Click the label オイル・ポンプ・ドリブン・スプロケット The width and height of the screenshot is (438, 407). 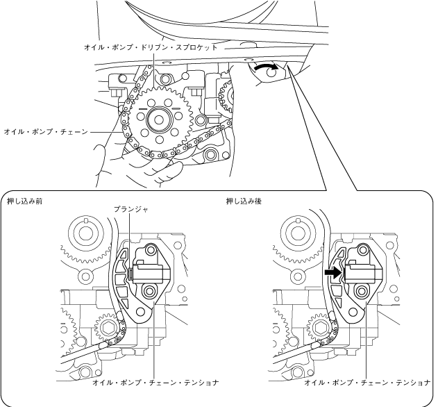pyautogui.click(x=149, y=48)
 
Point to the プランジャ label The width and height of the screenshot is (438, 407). pyautogui.click(x=129, y=208)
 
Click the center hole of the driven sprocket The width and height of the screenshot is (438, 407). pyautogui.click(x=160, y=119)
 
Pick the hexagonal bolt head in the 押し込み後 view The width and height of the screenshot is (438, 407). pyautogui.click(x=321, y=327)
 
